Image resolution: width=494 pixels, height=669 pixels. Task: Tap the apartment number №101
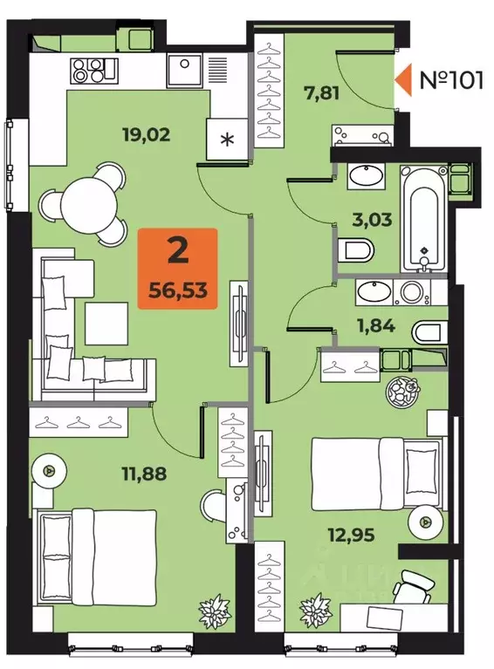tap(451, 80)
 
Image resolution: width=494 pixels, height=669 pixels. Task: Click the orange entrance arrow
tap(406, 80)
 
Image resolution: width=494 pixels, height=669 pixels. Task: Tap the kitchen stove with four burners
tap(93, 67)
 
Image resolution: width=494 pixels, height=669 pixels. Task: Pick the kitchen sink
tap(186, 67)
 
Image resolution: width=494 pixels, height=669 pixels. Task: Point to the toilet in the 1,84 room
tap(426, 332)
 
